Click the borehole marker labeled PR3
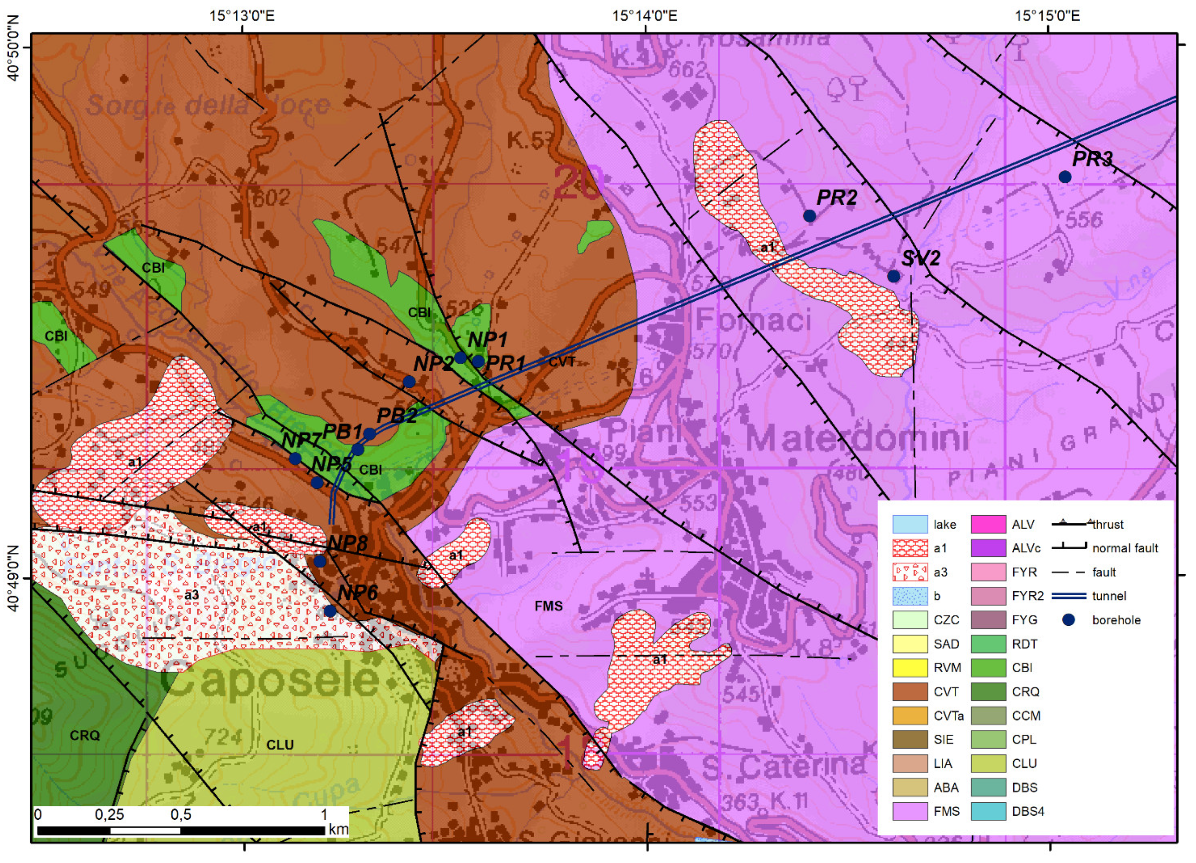click(1065, 177)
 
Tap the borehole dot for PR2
click(809, 216)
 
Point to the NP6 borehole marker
click(330, 611)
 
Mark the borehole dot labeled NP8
click(320, 561)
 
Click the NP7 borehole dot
click(295, 459)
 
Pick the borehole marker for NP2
click(409, 382)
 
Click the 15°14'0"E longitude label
click(644, 15)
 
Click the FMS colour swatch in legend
click(910, 811)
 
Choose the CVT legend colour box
click(910, 692)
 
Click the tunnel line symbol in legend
click(1069, 596)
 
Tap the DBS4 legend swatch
click(988, 811)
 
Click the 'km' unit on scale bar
click(338, 829)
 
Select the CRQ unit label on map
click(85, 735)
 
